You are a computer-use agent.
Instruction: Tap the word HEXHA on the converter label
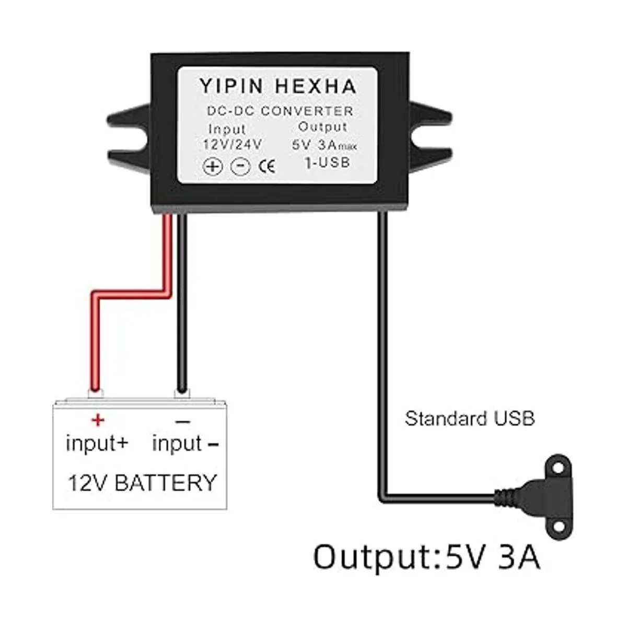[x=316, y=86]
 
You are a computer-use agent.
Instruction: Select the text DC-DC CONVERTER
[x=280, y=111]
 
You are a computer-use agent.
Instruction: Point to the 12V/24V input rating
[x=232, y=144]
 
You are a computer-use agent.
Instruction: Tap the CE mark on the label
[x=267, y=167]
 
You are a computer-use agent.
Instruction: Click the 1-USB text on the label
[x=327, y=163]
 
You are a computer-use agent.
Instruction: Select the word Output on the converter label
[x=322, y=126]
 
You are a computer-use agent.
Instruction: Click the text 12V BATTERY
[x=142, y=482]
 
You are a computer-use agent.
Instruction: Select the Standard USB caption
[x=470, y=419]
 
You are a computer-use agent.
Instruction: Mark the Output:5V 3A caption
[x=426, y=557]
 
